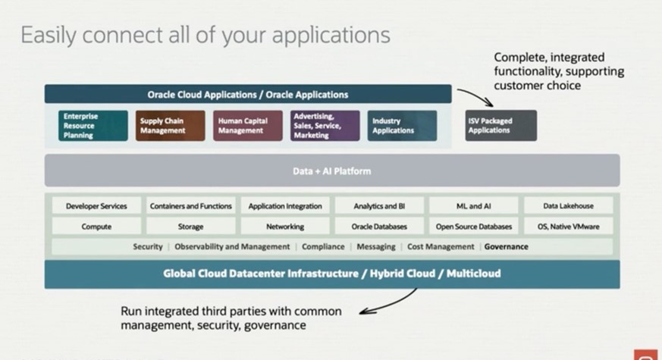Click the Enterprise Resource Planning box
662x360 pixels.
93,126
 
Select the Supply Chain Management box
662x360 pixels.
171,126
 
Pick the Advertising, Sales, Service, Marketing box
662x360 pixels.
325,126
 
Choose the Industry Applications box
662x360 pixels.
403,126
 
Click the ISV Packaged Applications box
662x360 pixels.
500,126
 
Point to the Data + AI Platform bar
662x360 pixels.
332,171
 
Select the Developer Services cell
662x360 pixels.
96,206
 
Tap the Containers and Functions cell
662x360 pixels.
190,206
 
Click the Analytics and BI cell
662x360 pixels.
380,206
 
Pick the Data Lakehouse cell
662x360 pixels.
569,206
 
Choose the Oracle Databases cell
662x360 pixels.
380,227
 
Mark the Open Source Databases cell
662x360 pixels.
474,227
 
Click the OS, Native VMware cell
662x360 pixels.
569,227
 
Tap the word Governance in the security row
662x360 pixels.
507,247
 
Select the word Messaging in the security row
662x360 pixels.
376,247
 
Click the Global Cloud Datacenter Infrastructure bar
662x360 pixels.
332,274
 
